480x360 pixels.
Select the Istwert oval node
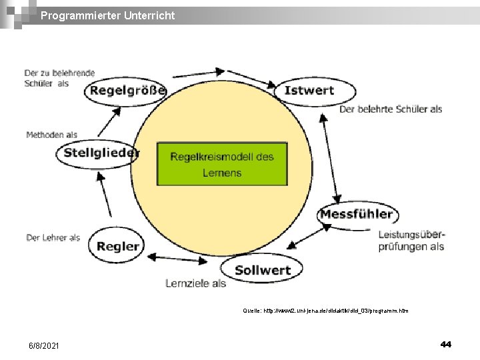(309, 91)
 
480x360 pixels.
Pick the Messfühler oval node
(357, 214)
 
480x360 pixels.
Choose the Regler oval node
(117, 246)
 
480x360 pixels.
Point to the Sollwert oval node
(263, 269)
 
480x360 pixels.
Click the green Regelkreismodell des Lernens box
(222, 164)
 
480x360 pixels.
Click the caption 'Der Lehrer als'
(53, 237)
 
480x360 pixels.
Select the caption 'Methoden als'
(51, 135)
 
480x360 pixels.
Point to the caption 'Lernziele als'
(195, 283)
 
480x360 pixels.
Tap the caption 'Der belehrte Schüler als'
(391, 109)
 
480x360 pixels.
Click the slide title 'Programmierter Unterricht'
(107, 15)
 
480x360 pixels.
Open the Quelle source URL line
(325, 311)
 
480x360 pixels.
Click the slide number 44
(445, 344)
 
